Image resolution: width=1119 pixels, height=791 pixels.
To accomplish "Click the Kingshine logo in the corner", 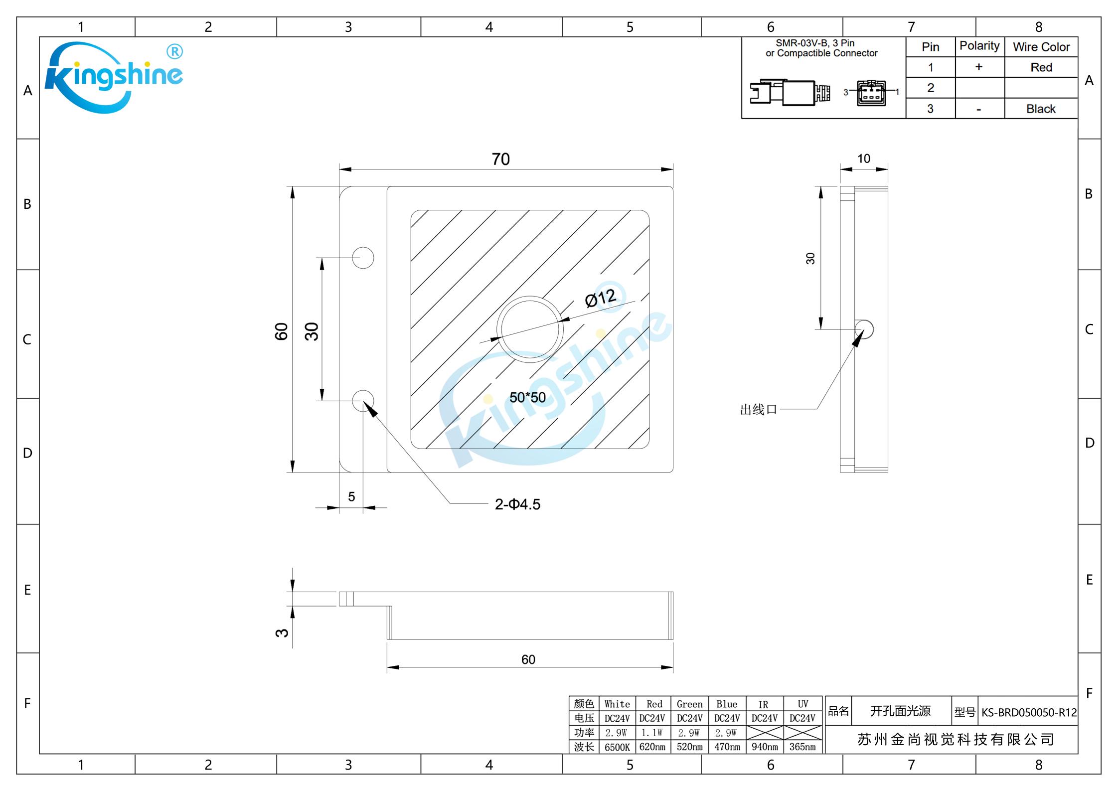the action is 114,77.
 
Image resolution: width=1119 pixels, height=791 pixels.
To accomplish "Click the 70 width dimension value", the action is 500,159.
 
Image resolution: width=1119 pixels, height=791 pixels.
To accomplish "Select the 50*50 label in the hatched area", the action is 527,397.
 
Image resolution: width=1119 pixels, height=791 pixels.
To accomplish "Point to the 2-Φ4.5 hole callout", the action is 517,504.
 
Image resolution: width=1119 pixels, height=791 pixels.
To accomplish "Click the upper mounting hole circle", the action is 363,258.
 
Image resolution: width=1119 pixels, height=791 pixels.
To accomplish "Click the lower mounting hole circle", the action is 363,401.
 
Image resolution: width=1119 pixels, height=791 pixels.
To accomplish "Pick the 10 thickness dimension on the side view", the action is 864,158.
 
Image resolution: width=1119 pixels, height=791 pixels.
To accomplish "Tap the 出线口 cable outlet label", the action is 758,410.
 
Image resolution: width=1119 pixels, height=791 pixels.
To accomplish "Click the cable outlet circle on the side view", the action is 864,329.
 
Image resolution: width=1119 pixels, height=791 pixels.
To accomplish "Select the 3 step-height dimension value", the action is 282,633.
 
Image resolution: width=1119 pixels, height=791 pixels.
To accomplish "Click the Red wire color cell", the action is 1041,67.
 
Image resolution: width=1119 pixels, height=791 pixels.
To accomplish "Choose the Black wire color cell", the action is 1041,109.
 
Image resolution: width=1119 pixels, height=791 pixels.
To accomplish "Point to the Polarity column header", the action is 979,46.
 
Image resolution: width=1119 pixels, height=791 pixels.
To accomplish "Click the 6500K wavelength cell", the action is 617,747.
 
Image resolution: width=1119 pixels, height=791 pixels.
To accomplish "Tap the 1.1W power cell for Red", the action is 652,733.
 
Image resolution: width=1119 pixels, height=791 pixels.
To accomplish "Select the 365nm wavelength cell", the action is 802,747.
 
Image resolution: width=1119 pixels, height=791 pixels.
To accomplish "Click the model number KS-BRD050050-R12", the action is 1029,712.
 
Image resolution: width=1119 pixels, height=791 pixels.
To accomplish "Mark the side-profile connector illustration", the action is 790,92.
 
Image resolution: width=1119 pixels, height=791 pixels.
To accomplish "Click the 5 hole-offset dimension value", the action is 351,496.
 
